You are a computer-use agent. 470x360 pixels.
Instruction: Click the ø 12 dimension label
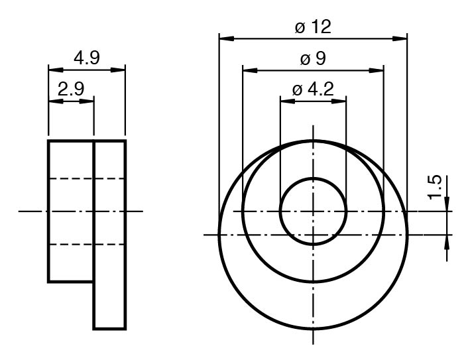pyautogui.click(x=313, y=27)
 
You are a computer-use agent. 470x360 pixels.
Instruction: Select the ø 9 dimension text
pyautogui.click(x=313, y=59)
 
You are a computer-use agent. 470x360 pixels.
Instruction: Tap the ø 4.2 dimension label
pyautogui.click(x=313, y=90)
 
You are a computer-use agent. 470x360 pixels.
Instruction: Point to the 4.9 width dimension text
pyautogui.click(x=87, y=58)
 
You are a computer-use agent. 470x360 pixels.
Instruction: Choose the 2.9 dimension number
pyautogui.click(x=71, y=89)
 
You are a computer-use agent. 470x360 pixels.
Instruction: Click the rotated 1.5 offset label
pyautogui.click(x=435, y=187)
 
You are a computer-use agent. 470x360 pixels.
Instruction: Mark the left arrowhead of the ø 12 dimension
pyautogui.click(x=227, y=38)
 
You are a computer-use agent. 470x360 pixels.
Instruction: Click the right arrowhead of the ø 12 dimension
pyautogui.click(x=400, y=38)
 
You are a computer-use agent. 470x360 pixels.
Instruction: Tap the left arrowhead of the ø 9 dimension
pyautogui.click(x=250, y=70)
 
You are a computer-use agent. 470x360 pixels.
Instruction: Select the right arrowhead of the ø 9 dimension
pyautogui.click(x=377, y=70)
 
